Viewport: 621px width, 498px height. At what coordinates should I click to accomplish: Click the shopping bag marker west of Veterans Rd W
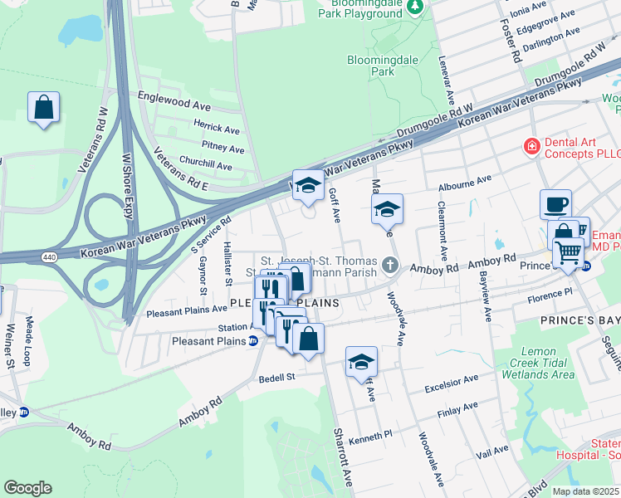pyautogui.click(x=43, y=108)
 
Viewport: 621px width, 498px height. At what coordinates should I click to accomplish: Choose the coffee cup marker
pyautogui.click(x=555, y=203)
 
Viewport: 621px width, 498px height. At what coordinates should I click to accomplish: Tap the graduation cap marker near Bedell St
pyautogui.click(x=362, y=361)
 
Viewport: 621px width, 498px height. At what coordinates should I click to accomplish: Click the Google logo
pyautogui.click(x=27, y=487)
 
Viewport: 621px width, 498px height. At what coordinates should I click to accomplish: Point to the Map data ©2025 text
pyautogui.click(x=585, y=491)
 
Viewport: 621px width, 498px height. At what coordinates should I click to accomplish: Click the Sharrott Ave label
pyautogui.click(x=343, y=449)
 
